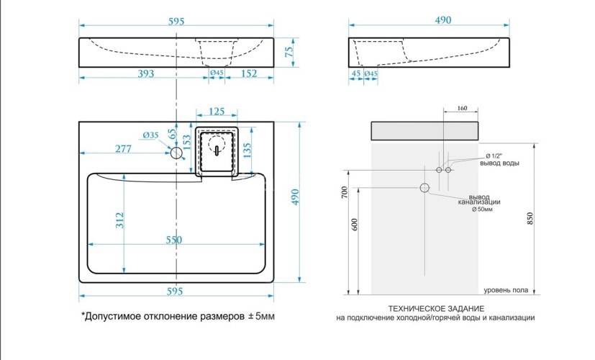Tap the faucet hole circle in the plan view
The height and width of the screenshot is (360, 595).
pos(176,153)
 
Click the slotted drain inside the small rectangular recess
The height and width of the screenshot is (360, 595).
pos(216,149)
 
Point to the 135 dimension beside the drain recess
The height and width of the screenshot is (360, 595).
pos(247,150)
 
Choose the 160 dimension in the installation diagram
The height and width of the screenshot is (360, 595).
pos(461,109)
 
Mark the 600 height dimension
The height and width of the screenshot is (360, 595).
pos(355,224)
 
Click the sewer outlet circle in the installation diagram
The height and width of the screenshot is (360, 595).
pos(424,188)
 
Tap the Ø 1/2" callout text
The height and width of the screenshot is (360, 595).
pos(498,156)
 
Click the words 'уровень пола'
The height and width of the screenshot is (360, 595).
pos(506,290)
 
